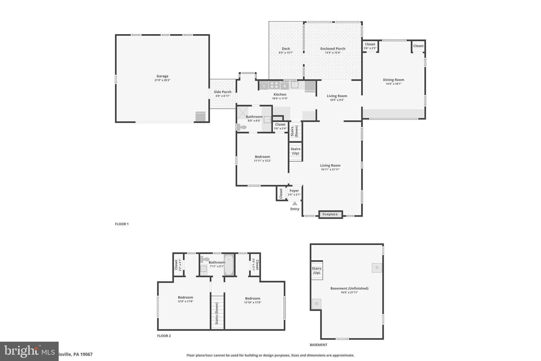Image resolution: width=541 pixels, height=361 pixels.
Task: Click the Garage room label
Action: point(162,76)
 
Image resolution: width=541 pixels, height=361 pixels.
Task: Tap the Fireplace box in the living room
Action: point(330,214)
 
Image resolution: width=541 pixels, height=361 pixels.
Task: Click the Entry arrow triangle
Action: point(295,203)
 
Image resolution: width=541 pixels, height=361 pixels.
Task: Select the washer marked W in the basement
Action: point(316,304)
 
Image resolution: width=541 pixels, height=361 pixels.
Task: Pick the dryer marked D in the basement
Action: point(377,268)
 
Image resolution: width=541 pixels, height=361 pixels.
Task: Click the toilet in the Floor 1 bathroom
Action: point(241,127)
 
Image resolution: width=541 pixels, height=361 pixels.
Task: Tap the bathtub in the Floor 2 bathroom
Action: point(229,265)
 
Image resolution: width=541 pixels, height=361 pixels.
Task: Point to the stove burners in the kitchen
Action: point(274,85)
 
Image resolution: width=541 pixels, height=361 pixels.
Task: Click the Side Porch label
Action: point(222,92)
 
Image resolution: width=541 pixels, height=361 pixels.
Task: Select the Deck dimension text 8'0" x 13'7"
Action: point(286,53)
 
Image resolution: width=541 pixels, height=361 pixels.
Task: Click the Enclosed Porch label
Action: point(333,49)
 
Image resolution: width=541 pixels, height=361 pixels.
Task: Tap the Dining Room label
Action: point(393,80)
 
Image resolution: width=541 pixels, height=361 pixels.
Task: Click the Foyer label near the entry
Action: point(294,191)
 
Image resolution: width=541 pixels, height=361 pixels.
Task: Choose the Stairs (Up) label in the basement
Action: point(316,271)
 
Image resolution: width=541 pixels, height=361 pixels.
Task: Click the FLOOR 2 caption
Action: point(164,336)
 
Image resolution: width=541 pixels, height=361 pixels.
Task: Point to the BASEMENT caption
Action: point(318,345)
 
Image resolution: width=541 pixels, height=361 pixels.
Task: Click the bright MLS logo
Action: point(29,351)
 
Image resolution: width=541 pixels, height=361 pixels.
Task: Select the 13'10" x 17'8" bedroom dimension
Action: point(253,303)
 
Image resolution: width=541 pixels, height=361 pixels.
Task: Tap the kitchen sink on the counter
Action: point(295,85)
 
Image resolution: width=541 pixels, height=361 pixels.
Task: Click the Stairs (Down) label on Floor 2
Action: point(217,313)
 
